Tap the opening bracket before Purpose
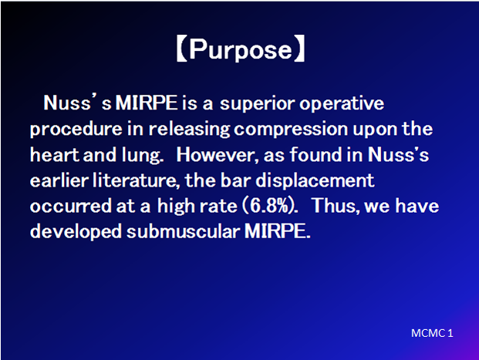pyautogui.click(x=182, y=49)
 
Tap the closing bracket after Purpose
pyautogui.click(x=299, y=49)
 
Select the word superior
pyautogui.click(x=258, y=104)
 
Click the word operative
pyautogui.click(x=342, y=104)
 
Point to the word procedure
pyautogui.click(x=76, y=130)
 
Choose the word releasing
pyautogui.click(x=189, y=130)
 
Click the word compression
pyautogui.click(x=291, y=130)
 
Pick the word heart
pyautogui.click(x=54, y=154)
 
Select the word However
pyautogui.click(x=218, y=155)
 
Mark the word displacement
pyautogui.click(x=315, y=180)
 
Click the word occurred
pyautogui.click(x=70, y=206)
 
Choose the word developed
pyautogui.click(x=76, y=231)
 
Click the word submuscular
pyautogui.click(x=183, y=231)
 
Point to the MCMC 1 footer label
pyautogui.click(x=432, y=333)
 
